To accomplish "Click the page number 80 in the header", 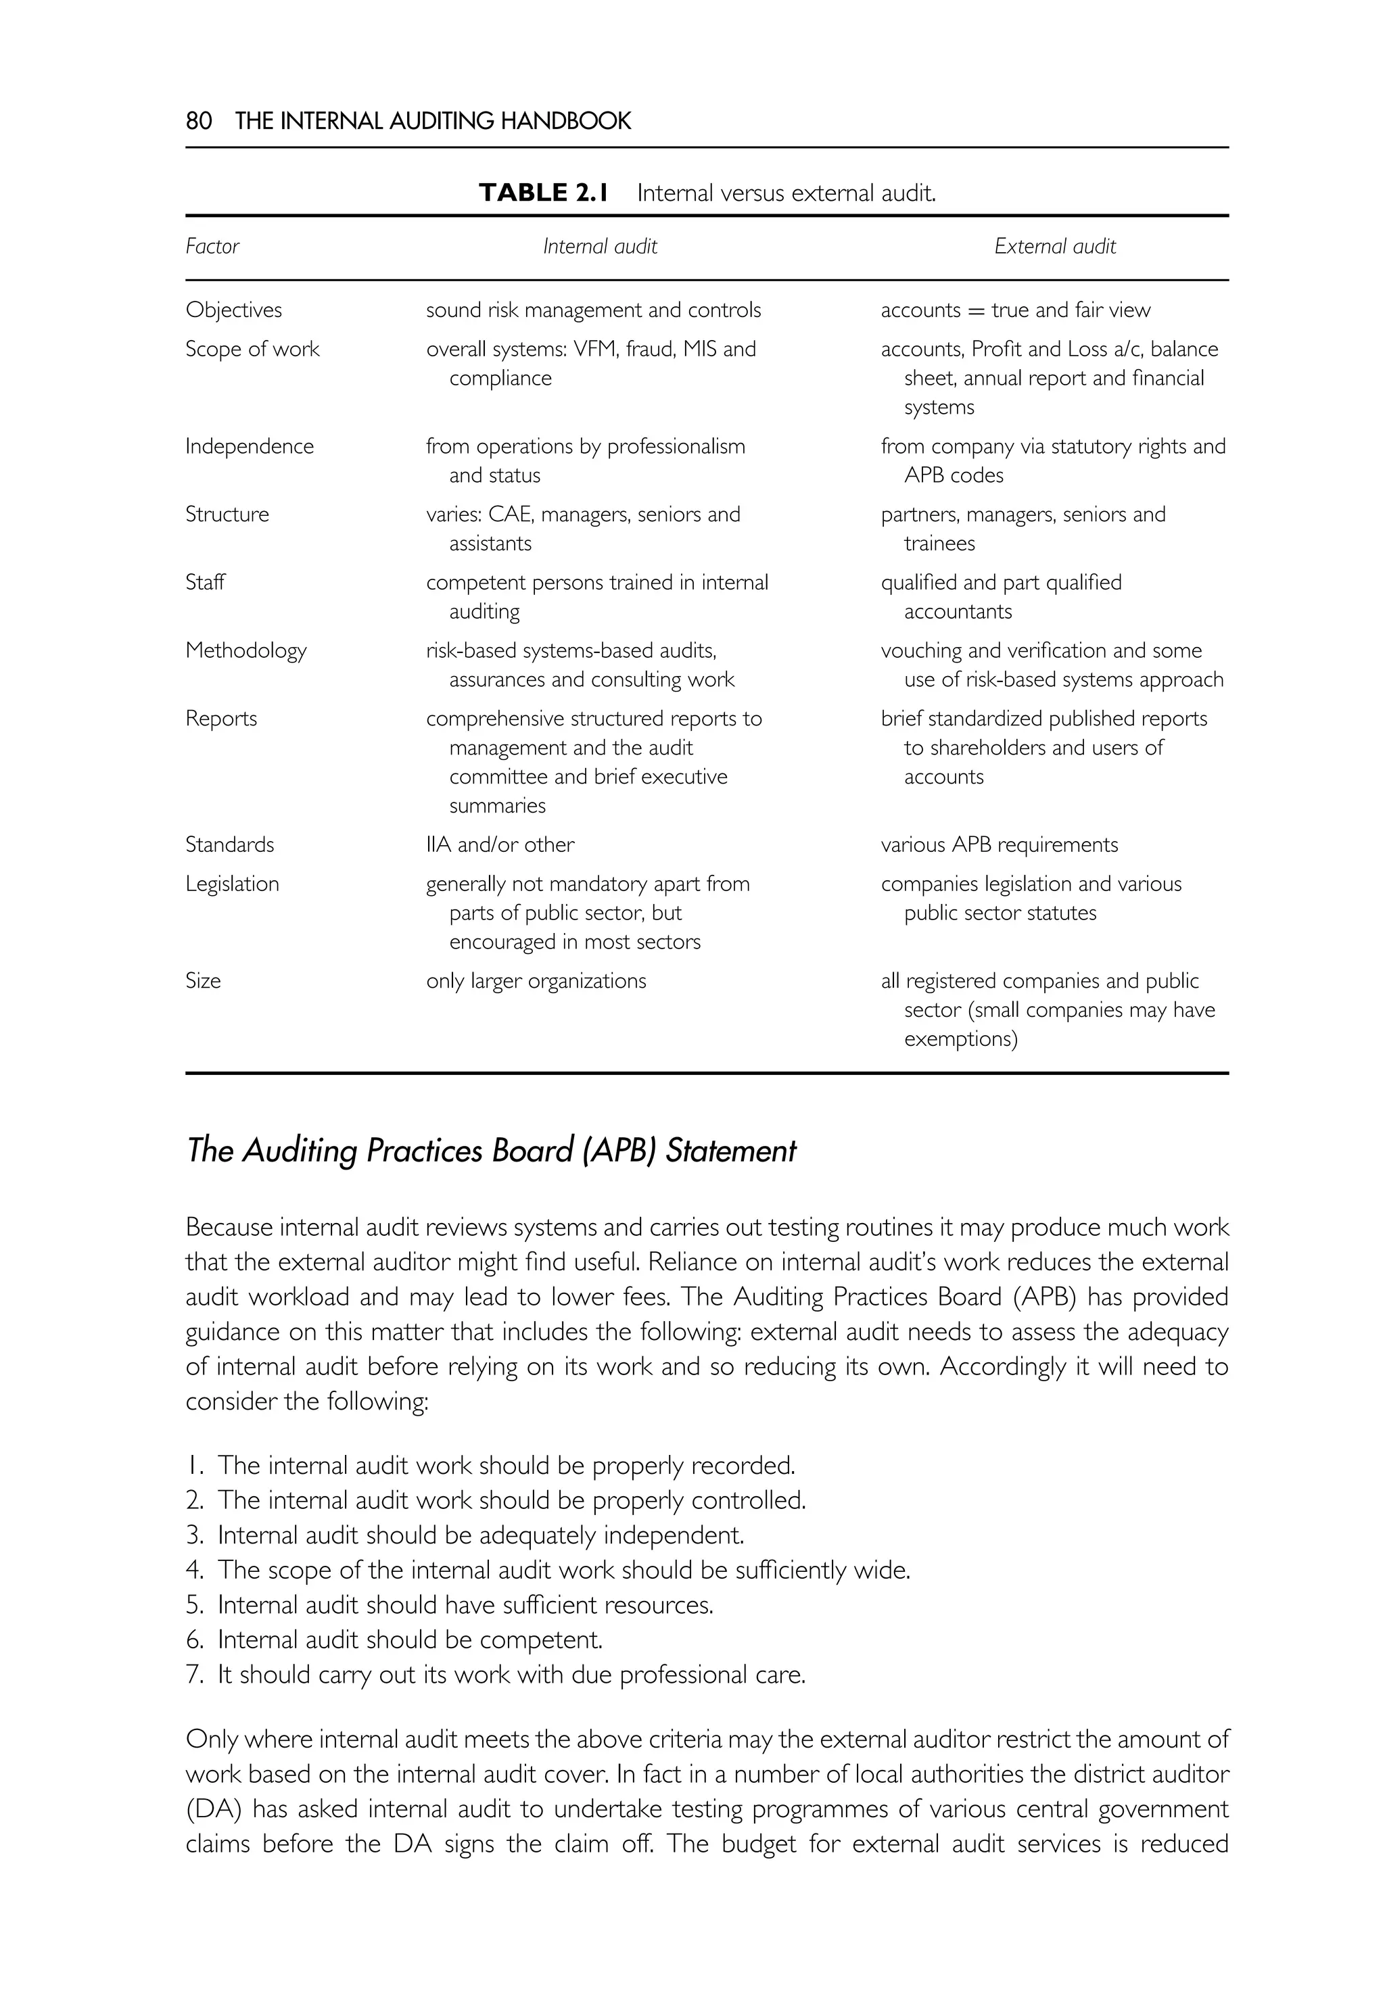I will point(199,120).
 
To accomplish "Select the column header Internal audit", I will point(600,246).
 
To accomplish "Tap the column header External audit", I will point(1054,246).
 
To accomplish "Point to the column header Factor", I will point(212,246).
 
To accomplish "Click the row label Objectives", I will point(233,310).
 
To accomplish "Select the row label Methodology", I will point(245,650).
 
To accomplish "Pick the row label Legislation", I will point(232,884).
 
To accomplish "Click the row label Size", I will point(203,981).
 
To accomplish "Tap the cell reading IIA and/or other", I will point(500,845).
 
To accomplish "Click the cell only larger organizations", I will point(536,981).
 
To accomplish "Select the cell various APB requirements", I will point(999,845).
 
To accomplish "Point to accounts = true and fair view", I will point(1014,310).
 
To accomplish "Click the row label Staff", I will point(205,582).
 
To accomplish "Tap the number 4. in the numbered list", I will point(194,1571).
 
